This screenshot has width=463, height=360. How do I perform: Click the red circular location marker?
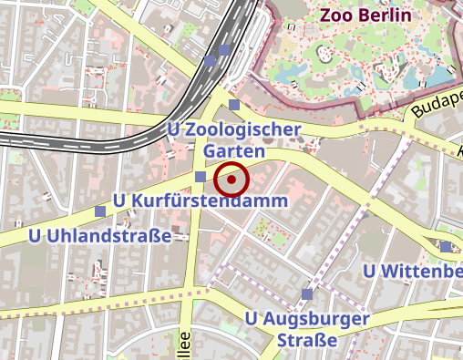[x=232, y=180]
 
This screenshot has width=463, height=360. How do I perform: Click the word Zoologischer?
[x=243, y=129]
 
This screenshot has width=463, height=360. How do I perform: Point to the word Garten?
[x=234, y=150]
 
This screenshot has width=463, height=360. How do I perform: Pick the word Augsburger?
[x=318, y=319]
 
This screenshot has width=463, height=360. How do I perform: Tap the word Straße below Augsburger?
[x=306, y=340]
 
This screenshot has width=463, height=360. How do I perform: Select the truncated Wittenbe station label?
[x=421, y=272]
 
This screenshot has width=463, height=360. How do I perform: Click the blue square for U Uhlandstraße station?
[x=100, y=211]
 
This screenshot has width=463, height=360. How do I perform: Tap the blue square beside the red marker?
[x=200, y=176]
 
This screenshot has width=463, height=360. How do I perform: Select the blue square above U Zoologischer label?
[x=234, y=106]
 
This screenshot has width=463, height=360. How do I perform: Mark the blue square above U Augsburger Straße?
[x=308, y=293]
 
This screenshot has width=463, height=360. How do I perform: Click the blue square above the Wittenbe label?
[x=445, y=247]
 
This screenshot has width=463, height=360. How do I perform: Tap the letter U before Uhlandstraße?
[x=36, y=237]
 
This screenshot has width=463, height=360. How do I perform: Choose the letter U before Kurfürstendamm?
[x=118, y=200]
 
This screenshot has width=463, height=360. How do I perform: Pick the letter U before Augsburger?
[x=252, y=319]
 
